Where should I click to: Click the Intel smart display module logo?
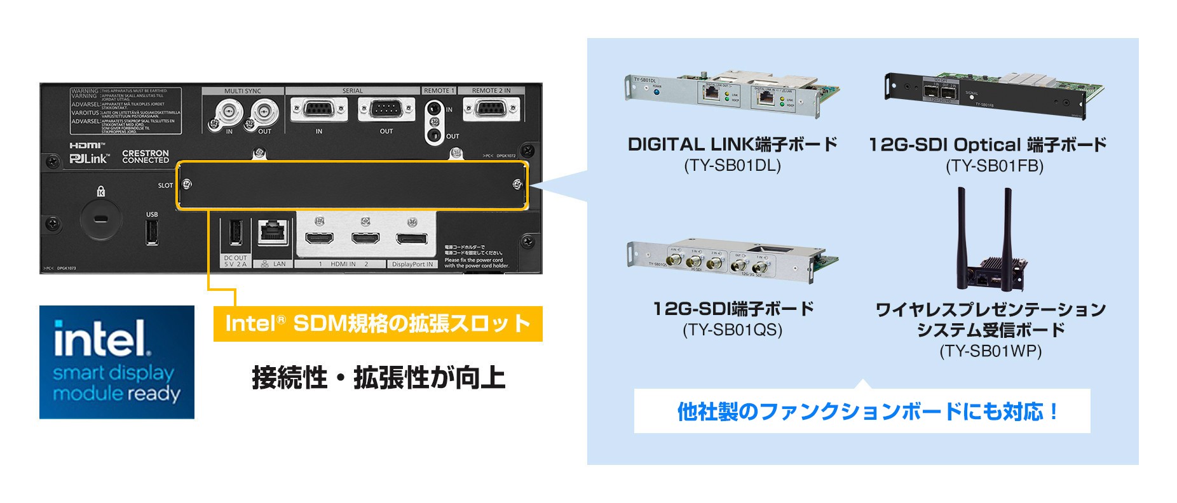click(x=117, y=362)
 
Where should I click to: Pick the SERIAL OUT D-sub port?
click(x=386, y=110)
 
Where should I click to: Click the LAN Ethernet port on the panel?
click(x=274, y=233)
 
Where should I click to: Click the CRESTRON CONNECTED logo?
click(x=146, y=157)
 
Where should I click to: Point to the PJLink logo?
click(x=89, y=159)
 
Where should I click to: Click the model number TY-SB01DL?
click(x=732, y=166)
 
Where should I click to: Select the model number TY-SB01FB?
click(x=995, y=166)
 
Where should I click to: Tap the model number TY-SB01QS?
click(x=733, y=330)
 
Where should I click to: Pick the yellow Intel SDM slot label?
click(x=378, y=324)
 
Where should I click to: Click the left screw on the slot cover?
click(x=187, y=185)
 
